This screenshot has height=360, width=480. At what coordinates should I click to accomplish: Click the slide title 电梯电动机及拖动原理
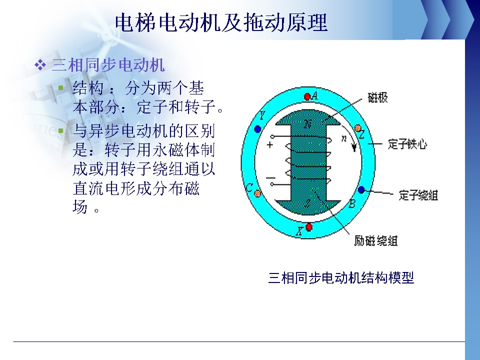221,22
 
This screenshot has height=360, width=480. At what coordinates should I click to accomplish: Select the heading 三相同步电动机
108,65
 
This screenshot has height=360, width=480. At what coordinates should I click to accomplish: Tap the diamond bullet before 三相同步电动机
40,65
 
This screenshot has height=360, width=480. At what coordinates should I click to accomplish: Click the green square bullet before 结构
61,88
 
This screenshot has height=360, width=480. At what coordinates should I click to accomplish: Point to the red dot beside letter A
307,96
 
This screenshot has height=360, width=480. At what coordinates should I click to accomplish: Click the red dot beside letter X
309,227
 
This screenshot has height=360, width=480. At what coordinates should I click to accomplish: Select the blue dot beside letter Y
257,129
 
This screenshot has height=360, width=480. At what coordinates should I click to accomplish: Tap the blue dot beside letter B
361,190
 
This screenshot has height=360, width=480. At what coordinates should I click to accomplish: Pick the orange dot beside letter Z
358,128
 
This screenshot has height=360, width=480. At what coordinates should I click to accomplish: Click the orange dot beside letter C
258,193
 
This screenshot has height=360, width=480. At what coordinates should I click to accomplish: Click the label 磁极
378,98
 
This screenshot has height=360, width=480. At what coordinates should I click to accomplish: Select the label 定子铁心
407,144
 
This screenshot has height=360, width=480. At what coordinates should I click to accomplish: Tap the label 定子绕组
418,195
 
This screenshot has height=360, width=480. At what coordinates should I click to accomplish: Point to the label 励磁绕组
376,240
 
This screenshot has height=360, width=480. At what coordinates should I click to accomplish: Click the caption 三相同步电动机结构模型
341,278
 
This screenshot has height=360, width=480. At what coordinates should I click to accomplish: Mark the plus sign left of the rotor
269,145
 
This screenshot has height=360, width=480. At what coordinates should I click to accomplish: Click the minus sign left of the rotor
270,178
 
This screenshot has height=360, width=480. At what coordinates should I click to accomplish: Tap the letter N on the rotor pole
307,124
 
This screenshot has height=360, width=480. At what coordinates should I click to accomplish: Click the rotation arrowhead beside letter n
354,148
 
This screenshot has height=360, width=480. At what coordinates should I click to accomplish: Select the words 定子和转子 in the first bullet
176,107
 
